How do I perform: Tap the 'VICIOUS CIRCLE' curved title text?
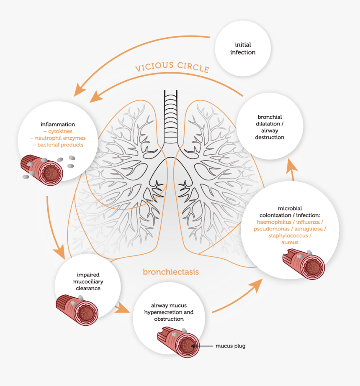click(172, 67)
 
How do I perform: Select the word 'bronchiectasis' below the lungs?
click(171, 272)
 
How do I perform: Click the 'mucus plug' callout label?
click(230, 346)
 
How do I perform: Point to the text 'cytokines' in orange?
click(58, 131)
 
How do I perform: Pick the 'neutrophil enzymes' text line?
click(58, 138)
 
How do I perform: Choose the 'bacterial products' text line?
click(58, 145)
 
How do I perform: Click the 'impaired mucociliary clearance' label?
click(88, 282)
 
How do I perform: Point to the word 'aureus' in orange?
click(290, 243)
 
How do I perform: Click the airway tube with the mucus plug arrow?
click(180, 342)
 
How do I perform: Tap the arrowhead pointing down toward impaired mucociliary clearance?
click(59, 252)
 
